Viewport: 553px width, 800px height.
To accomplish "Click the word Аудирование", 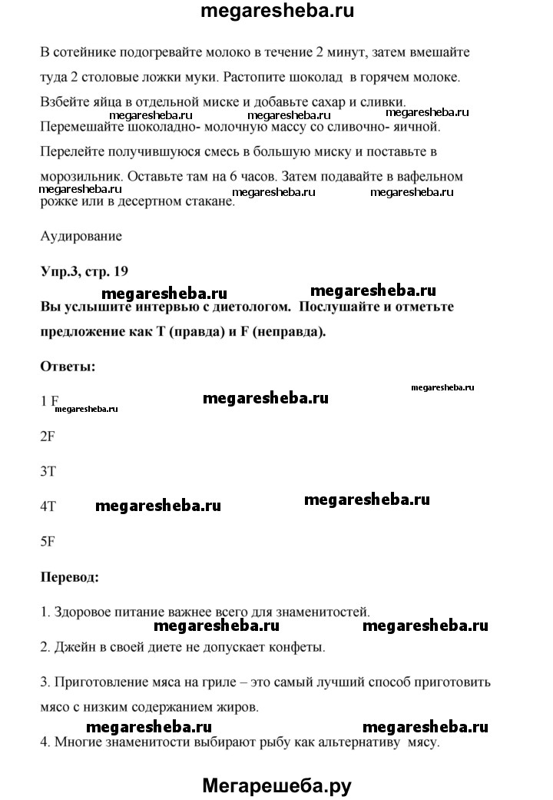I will [81, 237].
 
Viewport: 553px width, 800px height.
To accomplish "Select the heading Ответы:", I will [68, 366].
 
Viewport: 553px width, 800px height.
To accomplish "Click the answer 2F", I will [48, 436].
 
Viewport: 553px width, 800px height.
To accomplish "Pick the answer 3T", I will [48, 472].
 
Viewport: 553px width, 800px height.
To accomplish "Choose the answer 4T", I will [48, 507].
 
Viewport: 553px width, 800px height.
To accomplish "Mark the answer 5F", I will [48, 540].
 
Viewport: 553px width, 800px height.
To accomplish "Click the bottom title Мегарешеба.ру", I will [276, 785].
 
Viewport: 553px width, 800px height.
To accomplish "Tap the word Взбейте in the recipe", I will [64, 102].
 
